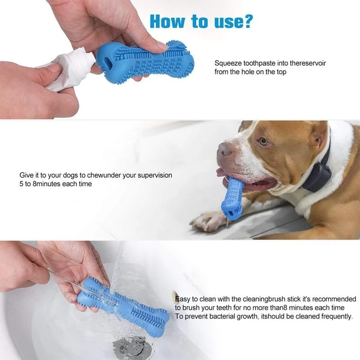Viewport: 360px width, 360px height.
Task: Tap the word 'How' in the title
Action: [x=167, y=21]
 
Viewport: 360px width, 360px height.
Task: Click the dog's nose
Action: [x=224, y=149]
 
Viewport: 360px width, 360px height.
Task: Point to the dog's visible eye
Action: [x=264, y=141]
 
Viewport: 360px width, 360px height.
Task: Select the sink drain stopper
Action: [x=132, y=346]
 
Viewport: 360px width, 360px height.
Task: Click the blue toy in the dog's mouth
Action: [x=232, y=198]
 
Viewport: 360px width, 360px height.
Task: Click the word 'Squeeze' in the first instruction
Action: [x=228, y=63]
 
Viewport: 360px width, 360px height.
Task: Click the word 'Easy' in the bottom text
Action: [x=183, y=299]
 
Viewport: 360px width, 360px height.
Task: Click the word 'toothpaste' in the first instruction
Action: [x=259, y=63]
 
